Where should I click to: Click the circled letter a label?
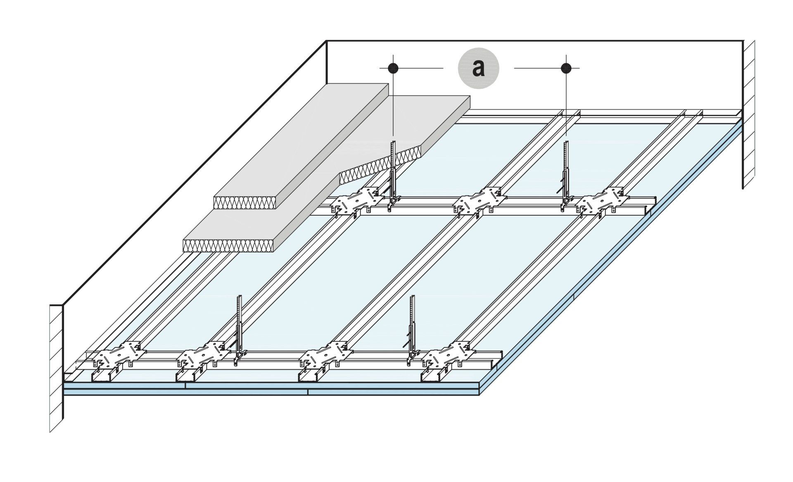(x=478, y=68)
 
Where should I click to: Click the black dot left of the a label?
(x=393, y=68)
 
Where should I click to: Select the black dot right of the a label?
(x=566, y=68)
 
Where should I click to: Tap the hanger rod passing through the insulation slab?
(x=393, y=173)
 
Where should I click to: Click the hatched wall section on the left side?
(x=56, y=368)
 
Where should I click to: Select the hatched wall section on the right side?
(x=749, y=116)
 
